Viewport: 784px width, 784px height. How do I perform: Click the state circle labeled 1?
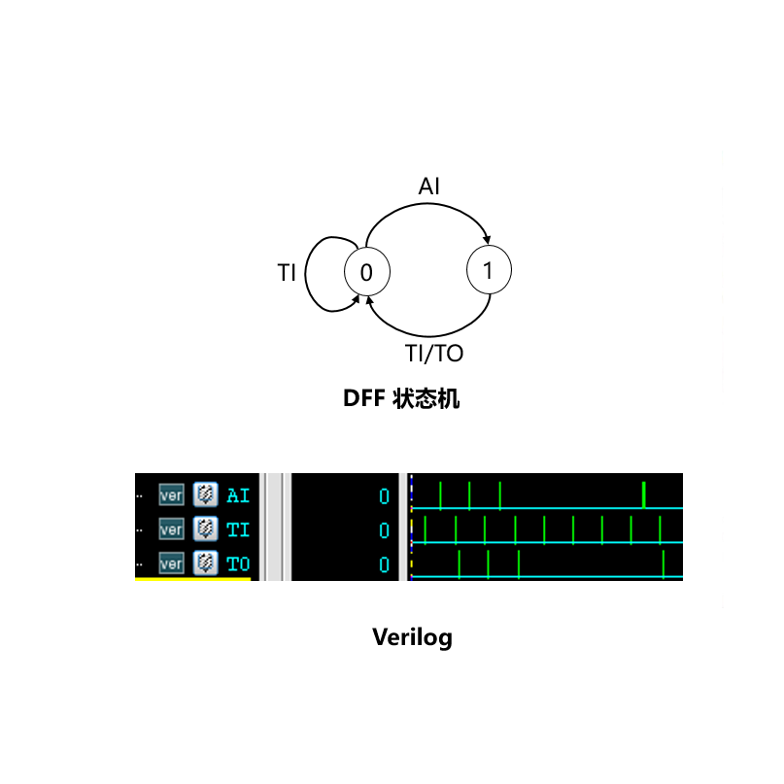coord(489,271)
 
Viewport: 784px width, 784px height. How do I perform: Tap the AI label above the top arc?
coord(429,187)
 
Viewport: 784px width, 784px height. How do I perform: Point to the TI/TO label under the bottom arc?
coord(434,353)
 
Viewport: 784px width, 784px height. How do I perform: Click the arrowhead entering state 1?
coord(487,242)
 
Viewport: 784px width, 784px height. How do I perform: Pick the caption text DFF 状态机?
coord(400,399)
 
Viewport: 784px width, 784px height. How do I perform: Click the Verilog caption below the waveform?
coord(413,637)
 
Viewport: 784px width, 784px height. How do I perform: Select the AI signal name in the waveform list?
coord(238,495)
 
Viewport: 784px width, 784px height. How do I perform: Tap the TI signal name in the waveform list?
coord(238,529)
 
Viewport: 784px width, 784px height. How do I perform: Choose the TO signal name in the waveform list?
coord(238,563)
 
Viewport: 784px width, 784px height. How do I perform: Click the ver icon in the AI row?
coord(171,495)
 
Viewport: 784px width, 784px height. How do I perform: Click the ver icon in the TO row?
coord(171,563)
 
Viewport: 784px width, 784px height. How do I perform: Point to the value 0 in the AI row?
coord(384,496)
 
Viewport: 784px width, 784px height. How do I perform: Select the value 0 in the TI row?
coord(384,530)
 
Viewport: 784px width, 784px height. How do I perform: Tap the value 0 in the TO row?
coord(384,564)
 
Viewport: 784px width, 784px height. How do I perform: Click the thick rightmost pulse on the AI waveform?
coord(644,494)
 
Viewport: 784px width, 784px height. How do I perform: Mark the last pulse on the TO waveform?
coord(664,563)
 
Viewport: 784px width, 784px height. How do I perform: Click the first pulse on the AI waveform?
coord(440,494)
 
